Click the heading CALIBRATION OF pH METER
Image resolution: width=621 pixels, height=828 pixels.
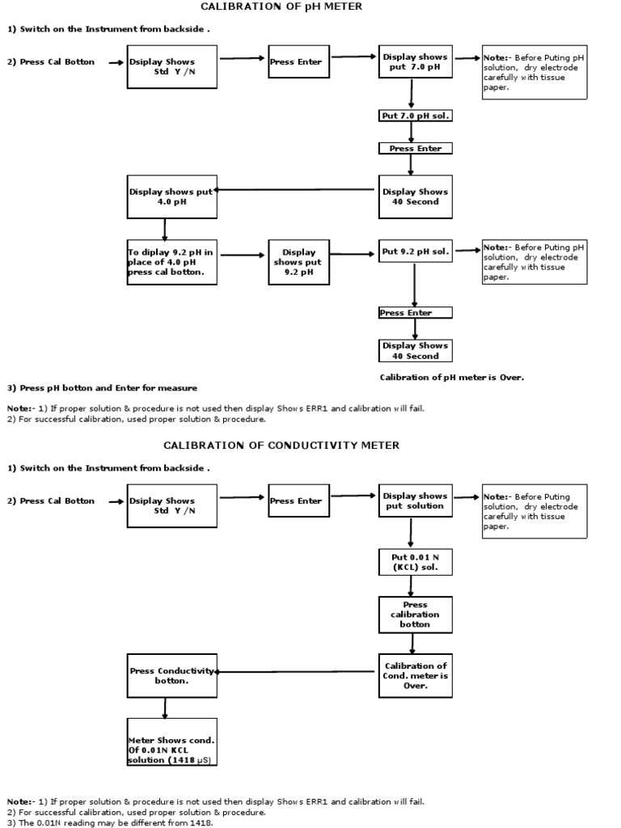pyautogui.click(x=281, y=6)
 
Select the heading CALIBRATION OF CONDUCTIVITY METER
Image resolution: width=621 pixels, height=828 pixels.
pyautogui.click(x=281, y=446)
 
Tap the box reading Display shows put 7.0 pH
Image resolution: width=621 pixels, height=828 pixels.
pyautogui.click(x=415, y=62)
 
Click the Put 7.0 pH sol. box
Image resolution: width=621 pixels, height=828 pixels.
pyautogui.click(x=415, y=116)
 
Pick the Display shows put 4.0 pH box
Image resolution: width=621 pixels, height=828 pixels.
pyautogui.click(x=171, y=196)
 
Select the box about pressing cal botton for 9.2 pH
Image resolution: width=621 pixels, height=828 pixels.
pyautogui.click(x=171, y=262)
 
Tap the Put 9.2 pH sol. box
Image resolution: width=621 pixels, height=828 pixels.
pyautogui.click(x=415, y=251)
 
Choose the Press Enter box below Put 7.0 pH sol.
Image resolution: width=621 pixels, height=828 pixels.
pyautogui.click(x=415, y=149)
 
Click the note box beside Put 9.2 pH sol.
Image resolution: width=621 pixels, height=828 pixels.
pyautogui.click(x=534, y=262)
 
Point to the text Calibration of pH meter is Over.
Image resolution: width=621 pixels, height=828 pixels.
pyautogui.click(x=452, y=378)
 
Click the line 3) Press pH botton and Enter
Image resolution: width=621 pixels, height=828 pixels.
pyautogui.click(x=102, y=388)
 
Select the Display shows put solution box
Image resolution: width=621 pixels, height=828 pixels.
pyautogui.click(x=415, y=501)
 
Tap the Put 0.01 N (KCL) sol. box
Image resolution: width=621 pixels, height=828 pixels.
pyautogui.click(x=415, y=561)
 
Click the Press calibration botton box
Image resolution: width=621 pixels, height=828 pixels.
pyautogui.click(x=415, y=615)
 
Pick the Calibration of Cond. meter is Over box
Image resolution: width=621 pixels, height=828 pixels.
pyautogui.click(x=415, y=676)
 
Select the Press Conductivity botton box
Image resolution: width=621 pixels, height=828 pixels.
pyautogui.click(x=171, y=676)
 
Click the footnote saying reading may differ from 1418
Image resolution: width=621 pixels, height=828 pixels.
pyautogui.click(x=110, y=822)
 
